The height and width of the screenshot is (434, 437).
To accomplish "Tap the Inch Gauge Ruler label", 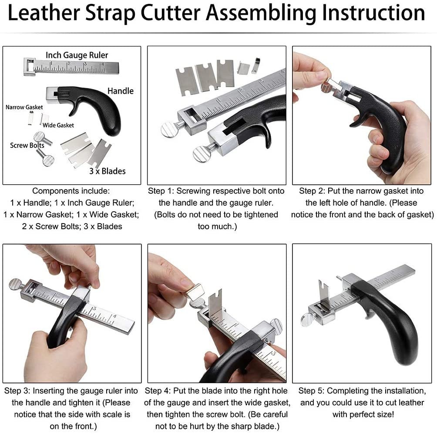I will click(x=77, y=55).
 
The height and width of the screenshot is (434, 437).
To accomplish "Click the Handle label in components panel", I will click(x=121, y=91).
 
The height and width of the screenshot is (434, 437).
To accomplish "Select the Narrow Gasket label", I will click(x=24, y=107).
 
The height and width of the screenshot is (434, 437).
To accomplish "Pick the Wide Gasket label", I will click(x=58, y=125).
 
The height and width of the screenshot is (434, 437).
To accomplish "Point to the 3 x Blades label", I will click(x=107, y=171).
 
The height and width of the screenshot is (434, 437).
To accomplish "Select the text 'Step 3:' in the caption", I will click(x=18, y=391).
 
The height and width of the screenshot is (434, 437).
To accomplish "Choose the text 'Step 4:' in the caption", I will click(x=159, y=391).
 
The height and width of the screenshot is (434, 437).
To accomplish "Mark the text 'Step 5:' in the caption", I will click(x=312, y=391).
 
